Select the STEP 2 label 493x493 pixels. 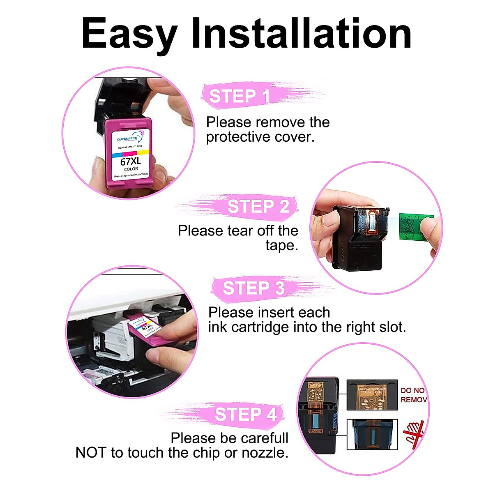(258, 207)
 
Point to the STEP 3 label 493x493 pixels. (253, 288)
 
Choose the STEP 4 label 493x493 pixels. (246, 415)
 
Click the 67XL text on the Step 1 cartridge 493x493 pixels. (131, 161)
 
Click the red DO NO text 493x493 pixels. (412, 391)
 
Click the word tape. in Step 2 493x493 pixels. (281, 246)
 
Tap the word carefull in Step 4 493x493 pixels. (265, 438)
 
